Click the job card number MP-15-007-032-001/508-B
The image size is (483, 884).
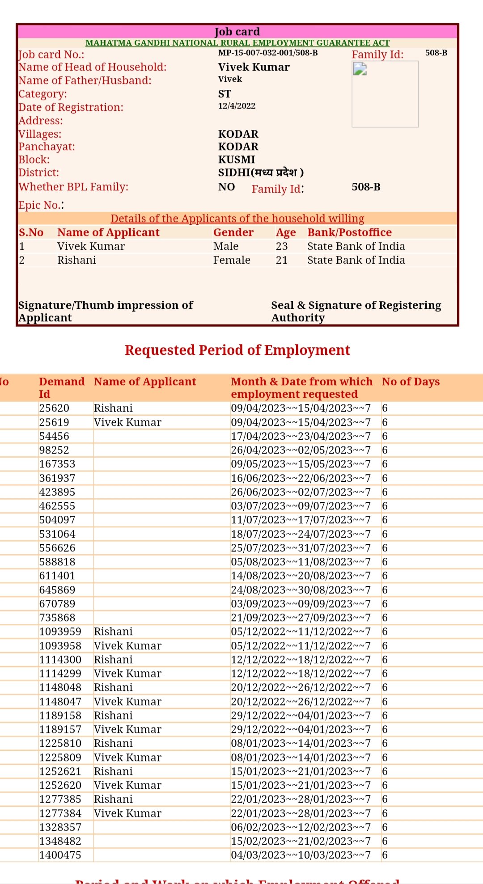coord(268,53)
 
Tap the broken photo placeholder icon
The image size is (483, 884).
coord(360,69)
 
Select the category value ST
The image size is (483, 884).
coord(225,94)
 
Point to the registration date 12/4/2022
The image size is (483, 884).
coord(237,106)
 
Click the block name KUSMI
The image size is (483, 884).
coord(237,160)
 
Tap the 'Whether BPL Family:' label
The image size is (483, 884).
coord(73,187)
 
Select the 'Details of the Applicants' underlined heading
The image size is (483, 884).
coord(237,219)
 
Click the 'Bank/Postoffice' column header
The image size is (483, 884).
coord(349,232)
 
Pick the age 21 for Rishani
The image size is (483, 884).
coord(282,260)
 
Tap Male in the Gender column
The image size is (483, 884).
coord(226,246)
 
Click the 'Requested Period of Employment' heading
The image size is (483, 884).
coord(237,350)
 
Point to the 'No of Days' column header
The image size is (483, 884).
coord(411,382)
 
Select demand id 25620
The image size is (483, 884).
coord(54,408)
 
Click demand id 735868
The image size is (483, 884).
coord(57,618)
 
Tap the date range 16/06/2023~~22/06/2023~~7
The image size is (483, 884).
coord(301,478)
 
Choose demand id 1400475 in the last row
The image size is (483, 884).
coord(60,855)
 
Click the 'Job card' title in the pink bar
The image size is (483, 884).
coord(237,32)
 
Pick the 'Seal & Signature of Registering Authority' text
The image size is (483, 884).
coord(356,311)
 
